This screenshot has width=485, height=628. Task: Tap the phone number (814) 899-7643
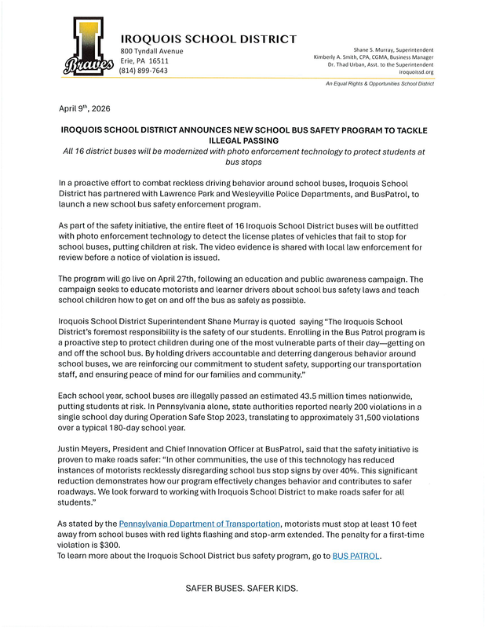click(144, 71)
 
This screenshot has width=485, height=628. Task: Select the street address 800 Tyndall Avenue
click(151, 51)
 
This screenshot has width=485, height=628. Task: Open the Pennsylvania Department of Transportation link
click(199, 523)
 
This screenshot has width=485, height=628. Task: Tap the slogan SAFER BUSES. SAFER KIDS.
click(242, 588)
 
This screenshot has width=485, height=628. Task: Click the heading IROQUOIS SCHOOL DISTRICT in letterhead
click(208, 38)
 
